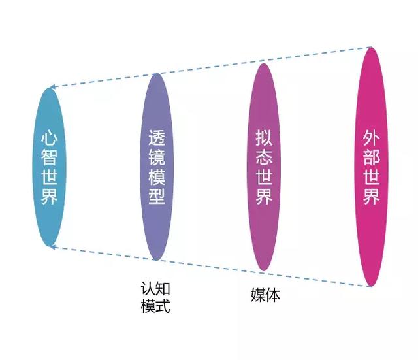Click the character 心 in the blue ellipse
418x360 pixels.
50,139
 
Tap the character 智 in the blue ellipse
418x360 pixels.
50,157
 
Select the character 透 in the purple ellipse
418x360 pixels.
157,138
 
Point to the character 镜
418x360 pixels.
157,157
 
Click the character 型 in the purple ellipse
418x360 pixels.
157,195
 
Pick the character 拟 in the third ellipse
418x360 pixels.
264,138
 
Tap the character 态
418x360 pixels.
264,157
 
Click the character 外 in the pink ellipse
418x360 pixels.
372,138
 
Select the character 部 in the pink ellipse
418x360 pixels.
372,157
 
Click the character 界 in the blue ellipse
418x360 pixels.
50,196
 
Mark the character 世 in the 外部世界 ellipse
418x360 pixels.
372,176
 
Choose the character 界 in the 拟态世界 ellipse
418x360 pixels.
264,195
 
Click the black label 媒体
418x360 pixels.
265,295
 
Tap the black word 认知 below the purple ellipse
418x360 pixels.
155,289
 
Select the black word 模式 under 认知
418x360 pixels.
155,306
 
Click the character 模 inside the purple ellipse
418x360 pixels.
157,176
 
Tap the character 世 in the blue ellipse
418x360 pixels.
50,177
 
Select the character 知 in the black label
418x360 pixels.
163,289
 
